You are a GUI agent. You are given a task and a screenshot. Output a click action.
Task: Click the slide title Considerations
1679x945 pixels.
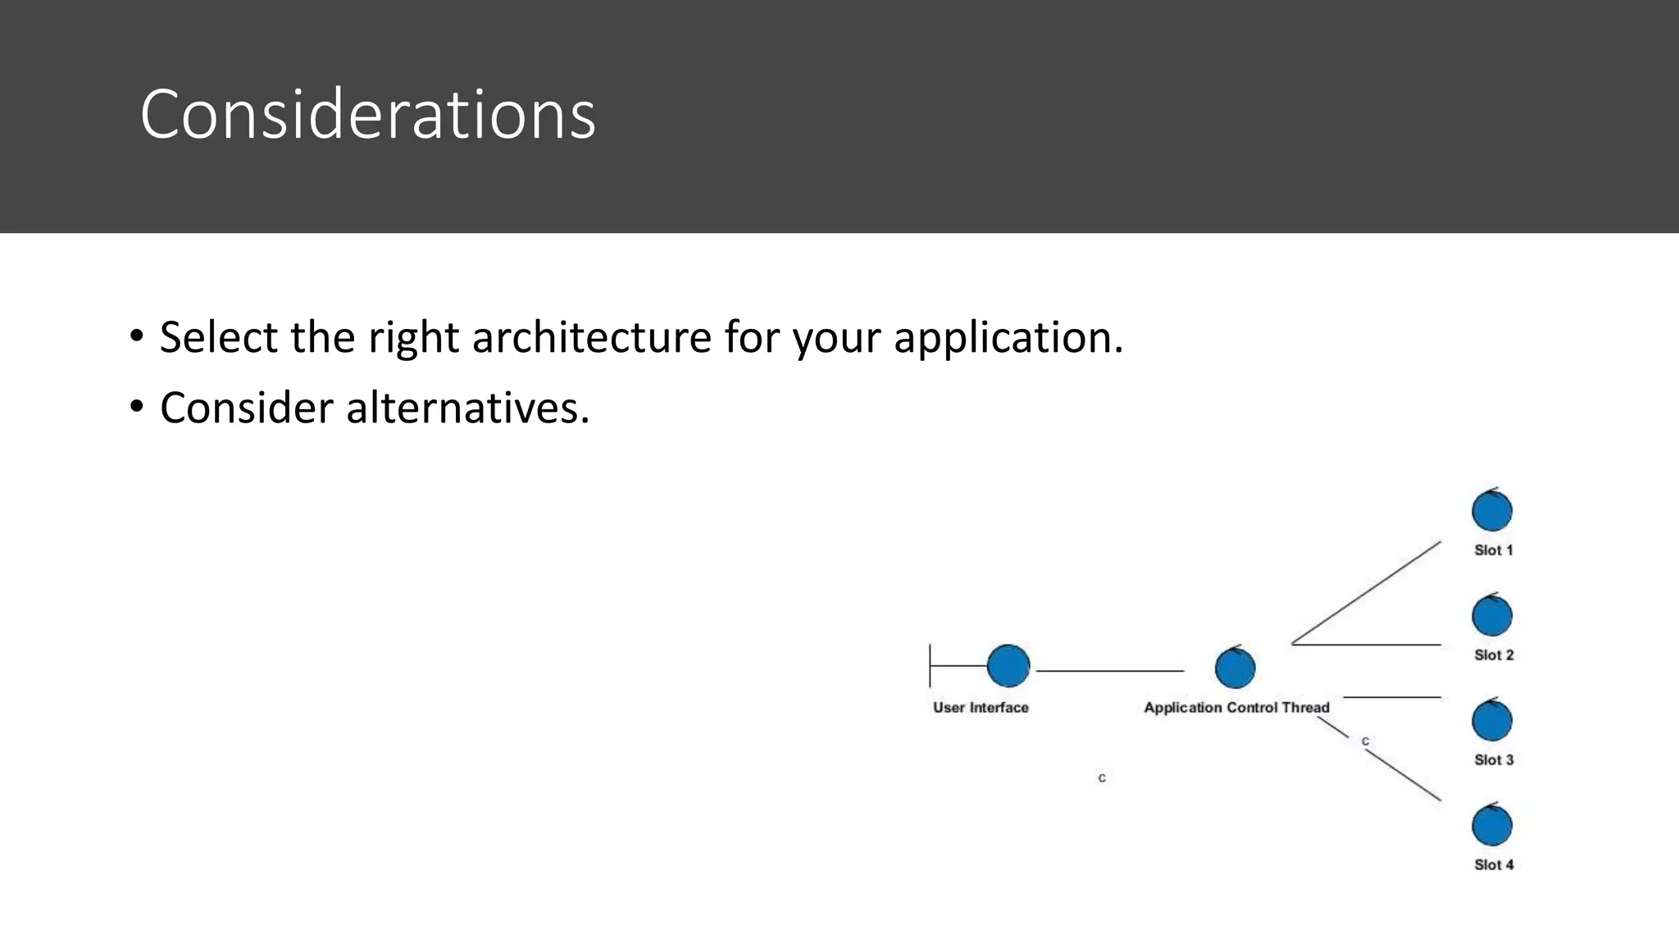click(x=367, y=114)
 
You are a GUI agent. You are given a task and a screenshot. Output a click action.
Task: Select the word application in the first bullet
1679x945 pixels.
click(x=1008, y=337)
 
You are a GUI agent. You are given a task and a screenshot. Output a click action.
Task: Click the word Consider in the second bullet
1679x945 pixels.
click(x=246, y=408)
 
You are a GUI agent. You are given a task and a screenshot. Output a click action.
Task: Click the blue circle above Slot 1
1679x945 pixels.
click(x=1491, y=512)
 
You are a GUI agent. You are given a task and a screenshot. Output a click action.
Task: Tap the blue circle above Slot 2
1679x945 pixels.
click(x=1491, y=616)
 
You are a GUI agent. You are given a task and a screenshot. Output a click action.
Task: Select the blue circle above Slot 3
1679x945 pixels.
click(x=1491, y=721)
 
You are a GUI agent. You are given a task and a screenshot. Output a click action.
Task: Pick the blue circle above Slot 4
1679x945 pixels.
click(x=1491, y=826)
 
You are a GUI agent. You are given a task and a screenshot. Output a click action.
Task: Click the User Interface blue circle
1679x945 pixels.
click(x=1008, y=665)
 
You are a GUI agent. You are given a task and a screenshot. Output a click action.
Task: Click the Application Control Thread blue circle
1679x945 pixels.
click(x=1235, y=668)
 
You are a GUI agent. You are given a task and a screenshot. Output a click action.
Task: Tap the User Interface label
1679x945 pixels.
click(x=981, y=707)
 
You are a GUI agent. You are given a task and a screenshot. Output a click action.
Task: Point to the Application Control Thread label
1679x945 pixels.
click(x=1236, y=707)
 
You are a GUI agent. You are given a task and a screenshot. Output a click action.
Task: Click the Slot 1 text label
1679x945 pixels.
click(x=1493, y=550)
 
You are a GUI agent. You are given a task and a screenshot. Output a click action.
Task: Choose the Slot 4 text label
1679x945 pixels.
click(x=1493, y=865)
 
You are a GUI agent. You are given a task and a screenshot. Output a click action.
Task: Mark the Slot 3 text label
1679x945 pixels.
click(x=1493, y=760)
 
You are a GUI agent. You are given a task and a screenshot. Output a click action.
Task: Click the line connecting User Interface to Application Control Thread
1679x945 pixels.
click(x=1110, y=671)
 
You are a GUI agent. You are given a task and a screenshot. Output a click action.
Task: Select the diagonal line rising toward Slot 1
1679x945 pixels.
click(x=1367, y=592)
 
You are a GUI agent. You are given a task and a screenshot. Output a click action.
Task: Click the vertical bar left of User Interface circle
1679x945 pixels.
click(x=930, y=665)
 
